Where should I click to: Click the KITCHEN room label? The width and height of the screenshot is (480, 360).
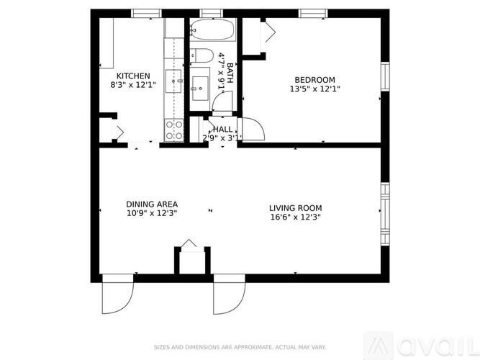tap(133, 76)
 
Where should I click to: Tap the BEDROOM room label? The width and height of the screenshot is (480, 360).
tap(314, 79)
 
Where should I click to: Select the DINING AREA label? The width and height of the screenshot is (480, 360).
tap(152, 204)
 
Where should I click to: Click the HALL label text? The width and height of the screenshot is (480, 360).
tap(222, 129)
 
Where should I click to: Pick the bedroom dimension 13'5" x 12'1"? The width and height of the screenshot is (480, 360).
tap(314, 89)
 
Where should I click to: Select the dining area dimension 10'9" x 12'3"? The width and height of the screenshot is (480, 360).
tap(152, 213)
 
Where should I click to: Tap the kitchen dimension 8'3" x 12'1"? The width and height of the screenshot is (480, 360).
tap(133, 86)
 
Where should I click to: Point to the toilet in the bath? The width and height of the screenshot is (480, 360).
tap(201, 55)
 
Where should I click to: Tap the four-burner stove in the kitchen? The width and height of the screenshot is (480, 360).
tap(174, 130)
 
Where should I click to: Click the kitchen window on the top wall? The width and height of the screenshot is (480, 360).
tap(146, 13)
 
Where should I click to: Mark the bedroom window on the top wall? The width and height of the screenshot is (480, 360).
tap(313, 13)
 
